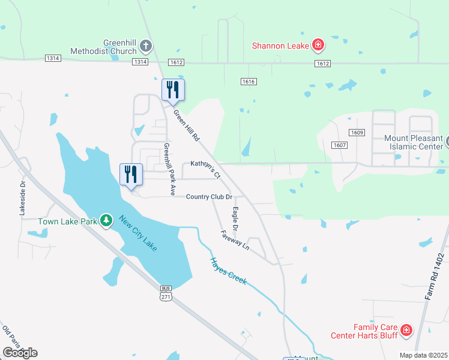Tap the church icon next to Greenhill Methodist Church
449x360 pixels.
(146, 46)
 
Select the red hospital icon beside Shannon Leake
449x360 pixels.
(318, 45)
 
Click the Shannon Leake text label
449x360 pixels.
(280, 45)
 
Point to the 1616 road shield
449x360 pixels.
(249, 81)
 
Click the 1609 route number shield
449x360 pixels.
(358, 133)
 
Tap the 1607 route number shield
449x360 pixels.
(339, 144)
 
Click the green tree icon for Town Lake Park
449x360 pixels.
(106, 221)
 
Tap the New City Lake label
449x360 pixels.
(137, 233)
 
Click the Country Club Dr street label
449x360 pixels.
(209, 197)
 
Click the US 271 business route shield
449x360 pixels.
(166, 293)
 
